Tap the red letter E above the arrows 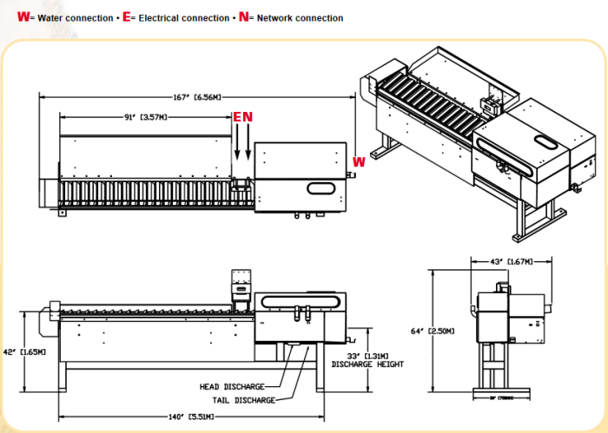click(x=237, y=116)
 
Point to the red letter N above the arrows click(x=248, y=116)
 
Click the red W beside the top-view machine click(x=359, y=161)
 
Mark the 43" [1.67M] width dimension click(x=509, y=260)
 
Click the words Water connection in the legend click(x=71, y=18)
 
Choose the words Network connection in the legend click(x=300, y=18)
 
